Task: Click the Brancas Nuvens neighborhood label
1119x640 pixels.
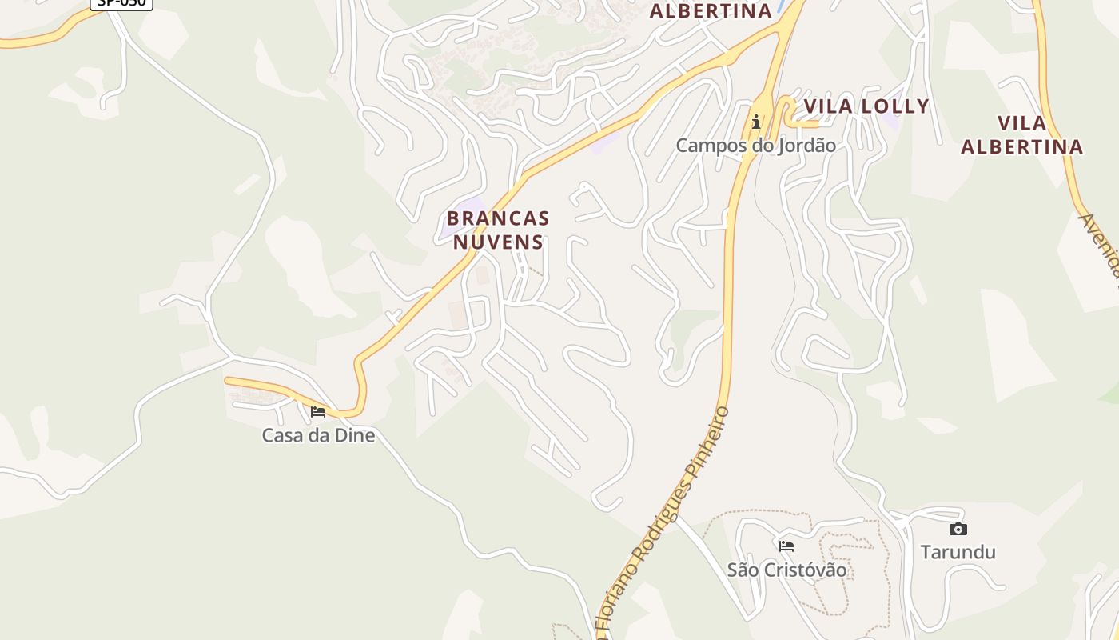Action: coord(498,230)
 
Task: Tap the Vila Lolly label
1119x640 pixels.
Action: coord(866,106)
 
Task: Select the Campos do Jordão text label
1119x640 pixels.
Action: coord(755,146)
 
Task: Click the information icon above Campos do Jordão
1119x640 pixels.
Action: coord(755,122)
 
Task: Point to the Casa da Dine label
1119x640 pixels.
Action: coord(318,436)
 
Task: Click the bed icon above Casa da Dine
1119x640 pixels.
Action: coord(318,412)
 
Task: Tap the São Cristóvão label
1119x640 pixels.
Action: coord(786,570)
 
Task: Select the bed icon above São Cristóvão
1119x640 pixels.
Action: coord(786,546)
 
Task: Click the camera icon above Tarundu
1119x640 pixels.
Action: coord(958,529)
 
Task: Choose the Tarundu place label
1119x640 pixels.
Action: coord(958,552)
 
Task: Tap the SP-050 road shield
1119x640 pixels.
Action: coord(121,2)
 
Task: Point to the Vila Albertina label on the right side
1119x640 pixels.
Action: coord(1021,135)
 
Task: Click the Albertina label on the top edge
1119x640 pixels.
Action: coord(711,11)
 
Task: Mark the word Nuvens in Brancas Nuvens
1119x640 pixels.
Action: coord(498,242)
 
